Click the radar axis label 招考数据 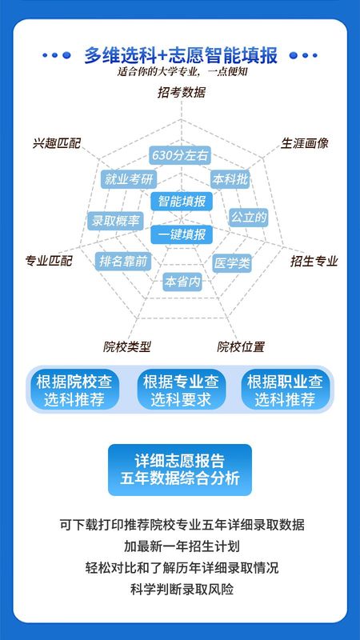(182, 93)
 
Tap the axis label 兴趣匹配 (57, 143)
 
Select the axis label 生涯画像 (305, 143)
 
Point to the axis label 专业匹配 (49, 261)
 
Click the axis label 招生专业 (314, 261)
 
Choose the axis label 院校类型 (127, 347)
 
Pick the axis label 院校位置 (241, 347)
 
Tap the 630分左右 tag (179, 155)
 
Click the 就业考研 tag (129, 179)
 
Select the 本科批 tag (230, 178)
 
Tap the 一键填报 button (182, 234)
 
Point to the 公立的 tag (249, 218)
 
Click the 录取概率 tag (115, 221)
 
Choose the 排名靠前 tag (123, 262)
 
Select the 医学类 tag (232, 263)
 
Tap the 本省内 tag (182, 282)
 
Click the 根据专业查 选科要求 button (182, 390)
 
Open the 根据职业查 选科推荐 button (286, 390)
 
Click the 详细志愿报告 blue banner (180, 470)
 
